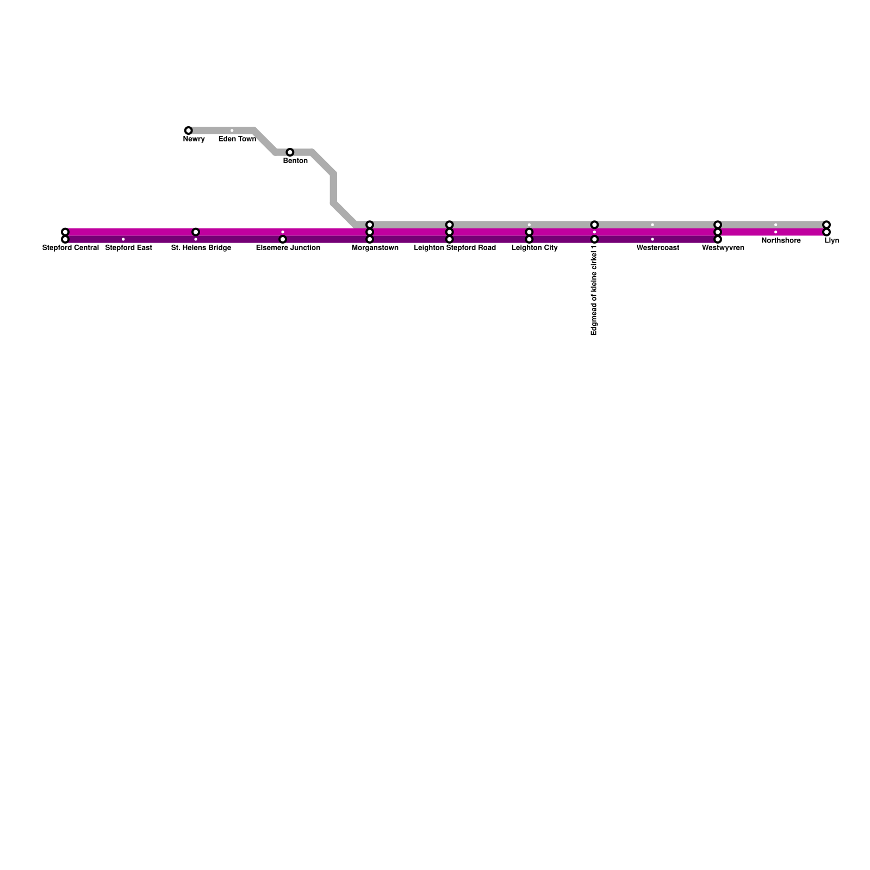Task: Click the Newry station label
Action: coord(194,139)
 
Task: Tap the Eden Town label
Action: coord(237,139)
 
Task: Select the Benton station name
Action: coord(295,161)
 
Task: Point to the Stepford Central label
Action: coord(71,248)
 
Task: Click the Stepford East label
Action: coord(128,248)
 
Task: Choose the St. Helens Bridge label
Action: coord(201,248)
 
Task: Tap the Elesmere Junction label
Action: coord(288,248)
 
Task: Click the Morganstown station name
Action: coord(375,248)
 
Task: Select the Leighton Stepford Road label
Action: coord(455,248)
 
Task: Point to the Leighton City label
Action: coord(535,248)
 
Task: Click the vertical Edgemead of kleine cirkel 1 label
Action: coord(594,290)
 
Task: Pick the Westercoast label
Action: coord(658,248)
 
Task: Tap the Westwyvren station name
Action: coord(723,248)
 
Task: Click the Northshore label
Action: coord(781,241)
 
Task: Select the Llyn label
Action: coord(831,241)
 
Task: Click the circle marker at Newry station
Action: coord(188,130)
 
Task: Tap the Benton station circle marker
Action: coord(290,152)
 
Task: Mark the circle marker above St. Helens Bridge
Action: coord(196,232)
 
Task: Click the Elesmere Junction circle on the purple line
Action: coord(283,239)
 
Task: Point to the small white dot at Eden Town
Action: coord(232,130)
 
